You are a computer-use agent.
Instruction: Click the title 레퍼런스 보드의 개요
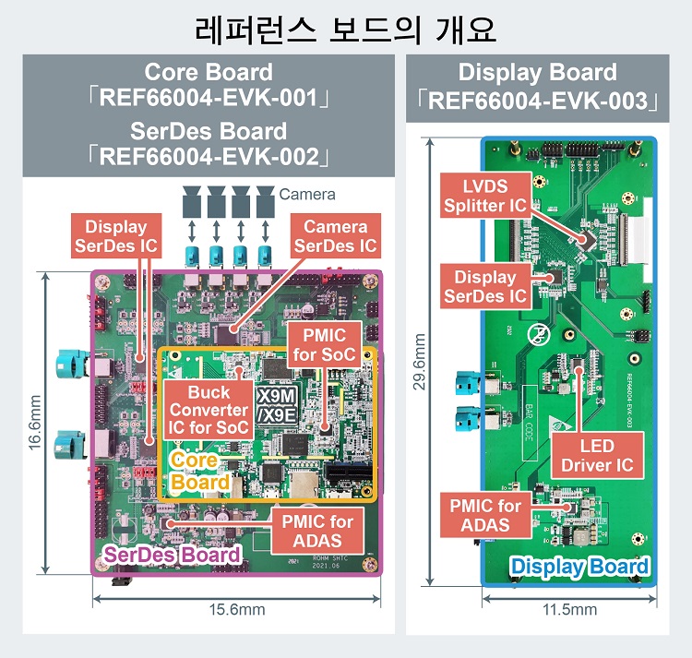pyautogui.click(x=346, y=29)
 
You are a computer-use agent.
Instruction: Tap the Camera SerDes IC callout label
pyautogui.click(x=335, y=236)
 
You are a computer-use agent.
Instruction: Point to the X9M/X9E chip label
pyautogui.click(x=276, y=405)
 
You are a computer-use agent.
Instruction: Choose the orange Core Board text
pyautogui.click(x=199, y=471)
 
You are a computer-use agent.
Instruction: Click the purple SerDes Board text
pyautogui.click(x=172, y=555)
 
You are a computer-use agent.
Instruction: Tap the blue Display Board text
pyautogui.click(x=579, y=567)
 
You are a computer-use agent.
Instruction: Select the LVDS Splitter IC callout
pyautogui.click(x=485, y=195)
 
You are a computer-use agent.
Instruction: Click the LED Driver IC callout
pyautogui.click(x=598, y=455)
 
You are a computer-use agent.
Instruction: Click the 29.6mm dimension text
pyautogui.click(x=421, y=363)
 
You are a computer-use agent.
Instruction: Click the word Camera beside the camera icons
pyautogui.click(x=307, y=195)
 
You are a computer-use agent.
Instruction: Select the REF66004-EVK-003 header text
pyautogui.click(x=538, y=101)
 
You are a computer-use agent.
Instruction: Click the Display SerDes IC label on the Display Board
pyautogui.click(x=485, y=285)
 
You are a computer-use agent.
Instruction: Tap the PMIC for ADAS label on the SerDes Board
pyautogui.click(x=317, y=531)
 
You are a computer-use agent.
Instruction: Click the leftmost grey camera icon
pyautogui.click(x=195, y=197)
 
